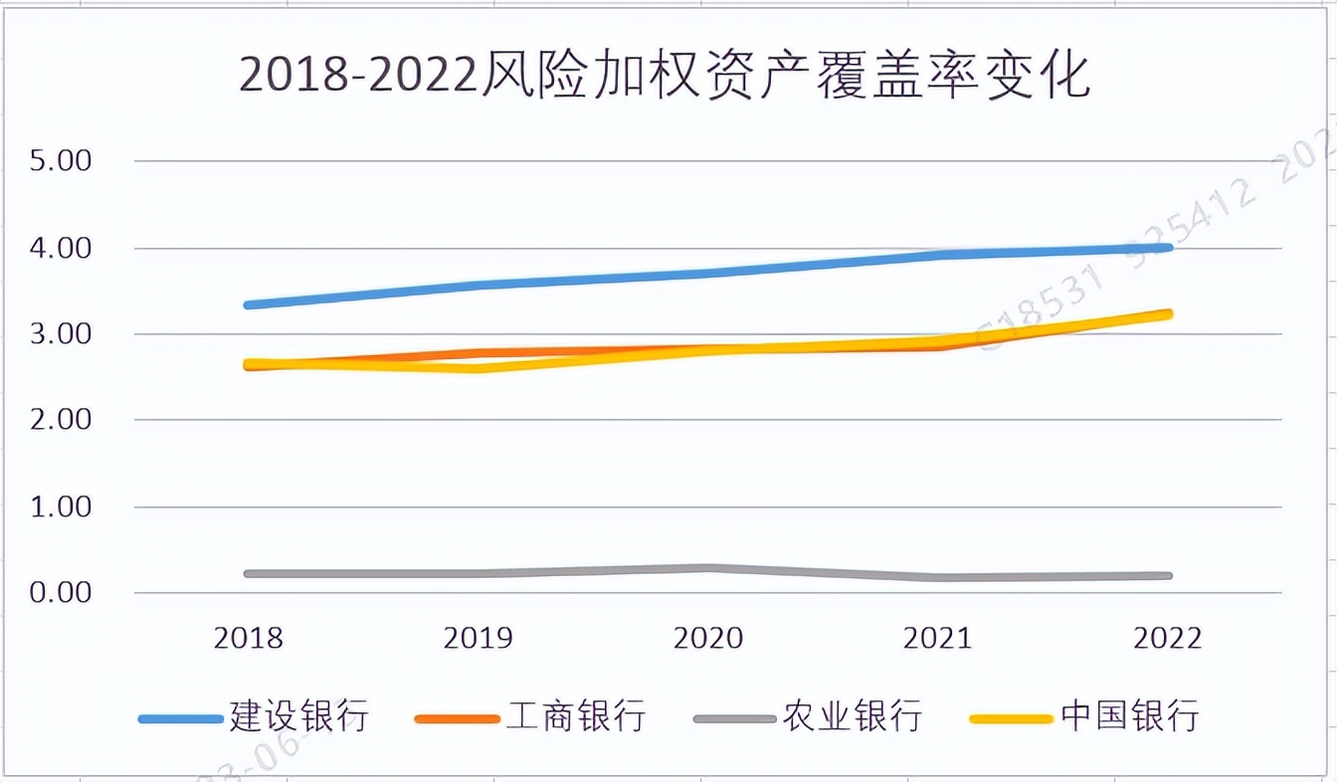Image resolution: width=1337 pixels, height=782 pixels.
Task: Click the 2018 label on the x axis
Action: tap(248, 638)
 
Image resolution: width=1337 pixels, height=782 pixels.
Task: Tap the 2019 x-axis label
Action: tap(478, 638)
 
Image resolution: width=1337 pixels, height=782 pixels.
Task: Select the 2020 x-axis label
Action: tap(708, 638)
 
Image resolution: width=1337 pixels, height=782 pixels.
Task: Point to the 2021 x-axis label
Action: tap(938, 638)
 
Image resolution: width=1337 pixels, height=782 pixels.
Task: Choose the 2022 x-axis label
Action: tap(1168, 638)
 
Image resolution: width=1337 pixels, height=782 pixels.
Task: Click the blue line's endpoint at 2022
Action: tap(1168, 247)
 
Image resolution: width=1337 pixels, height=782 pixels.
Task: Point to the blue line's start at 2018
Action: tap(248, 304)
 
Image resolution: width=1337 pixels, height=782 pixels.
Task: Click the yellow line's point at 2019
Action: tap(478, 368)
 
